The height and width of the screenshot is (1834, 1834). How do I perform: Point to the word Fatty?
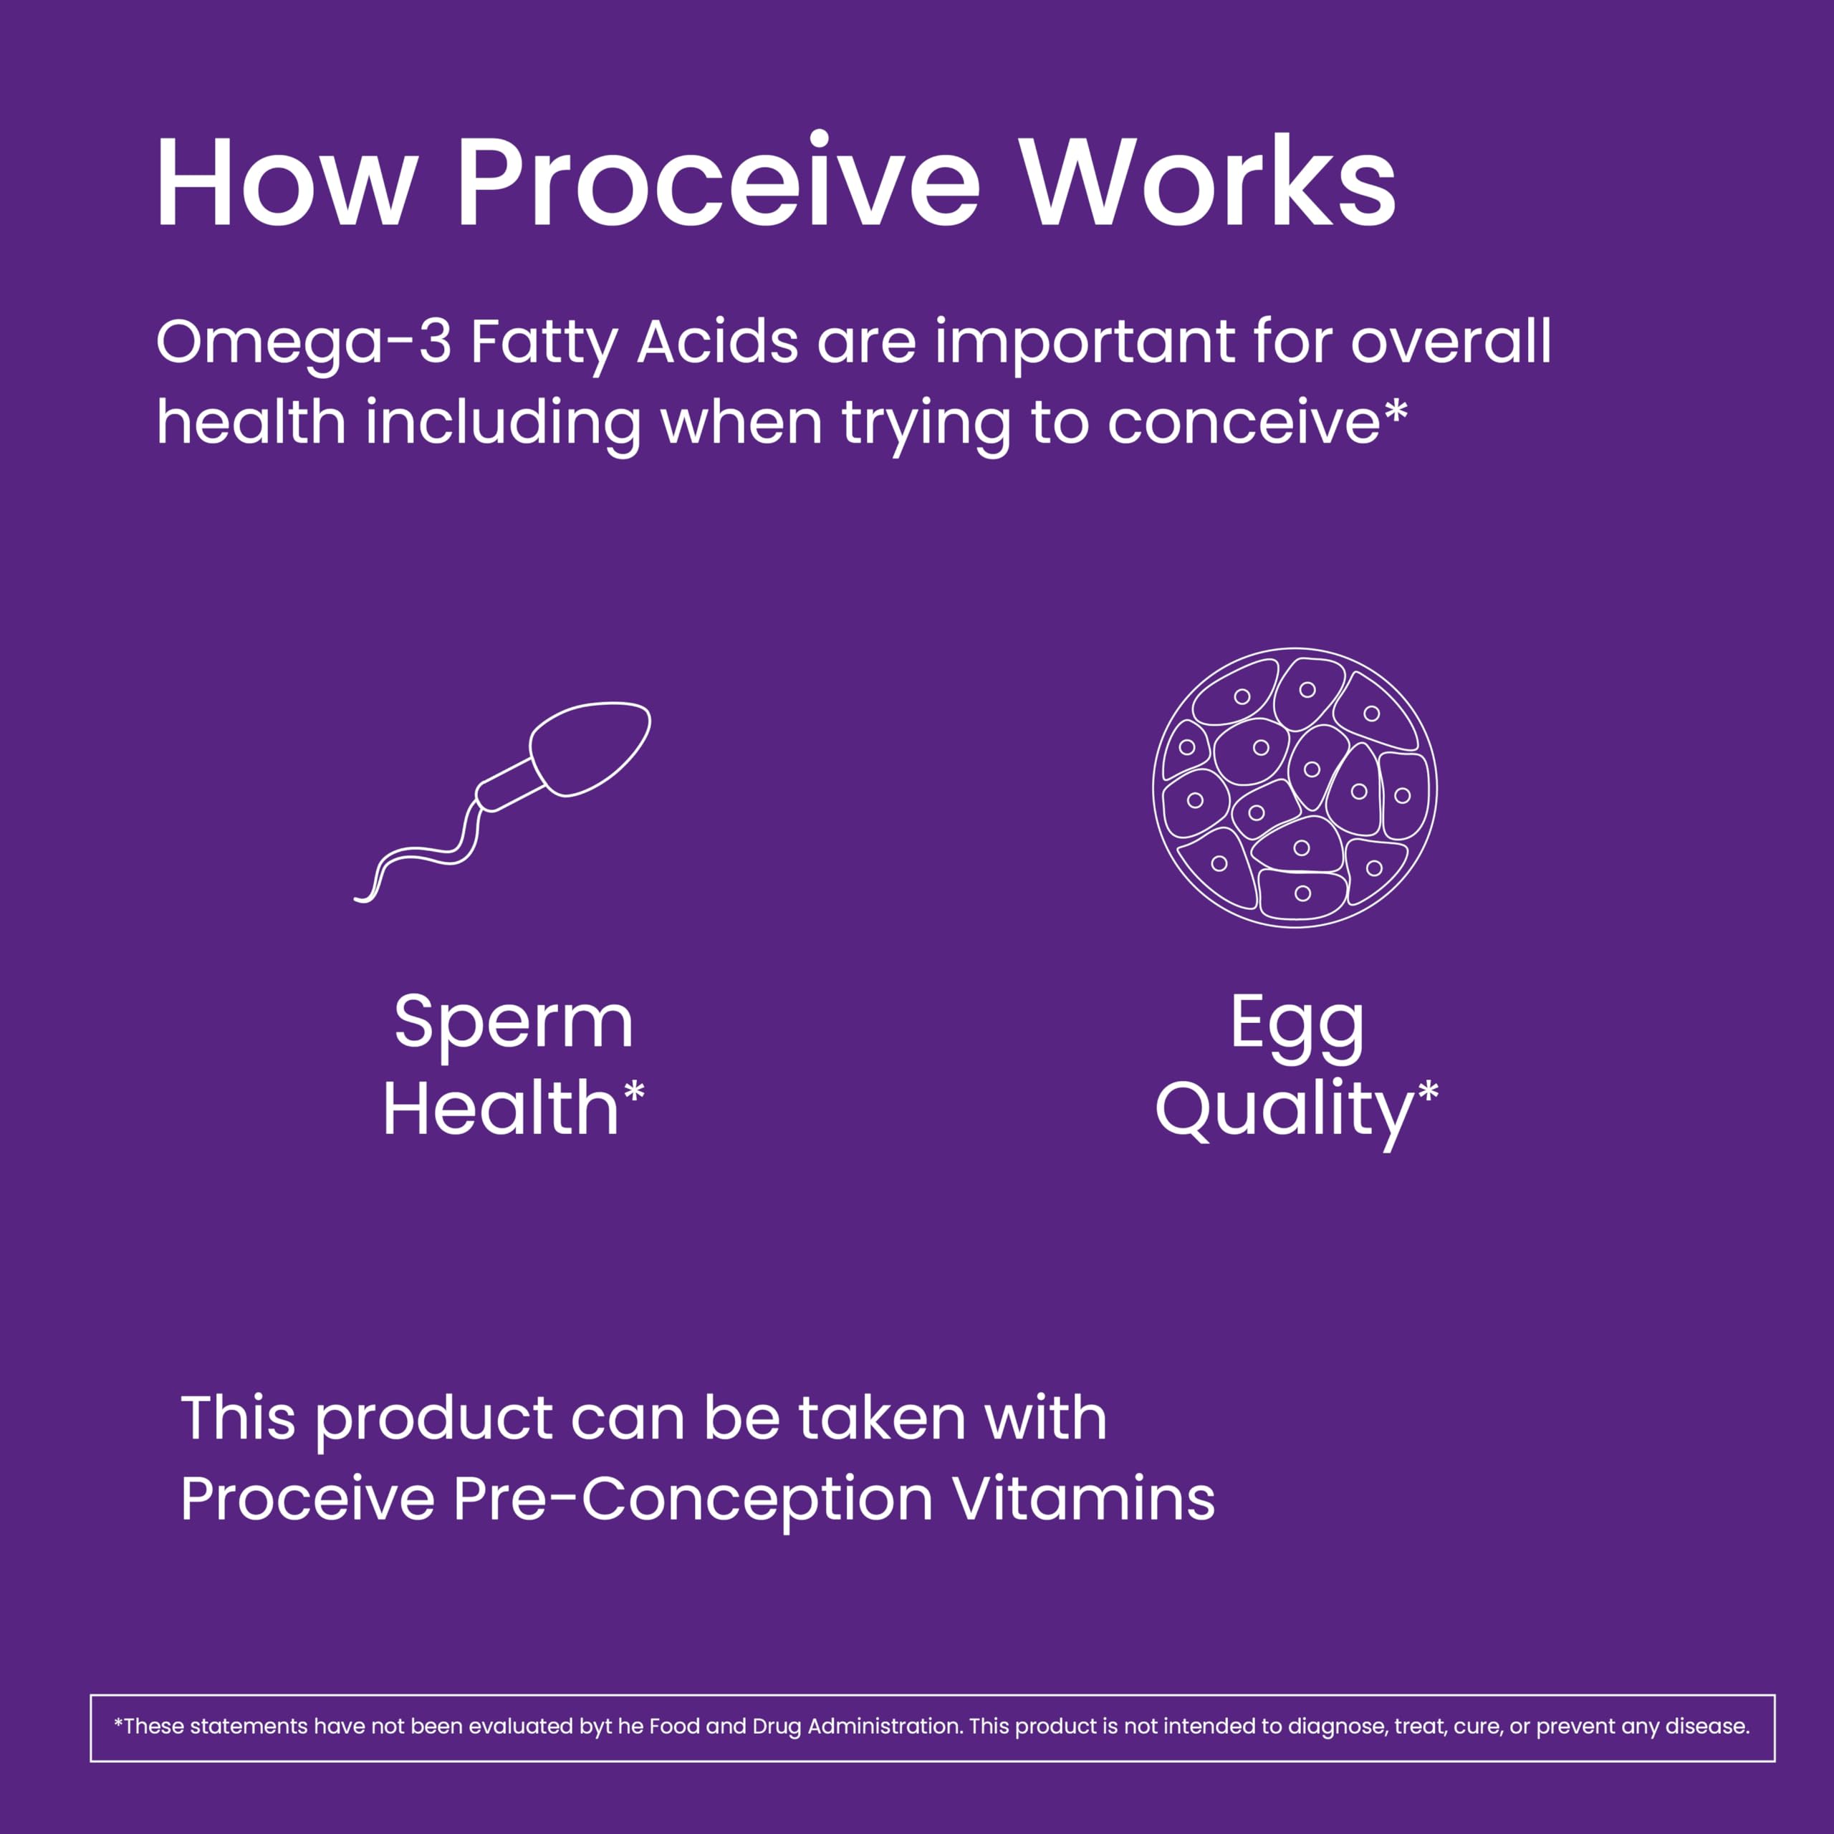[543, 344]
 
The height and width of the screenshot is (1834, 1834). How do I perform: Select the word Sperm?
[514, 1023]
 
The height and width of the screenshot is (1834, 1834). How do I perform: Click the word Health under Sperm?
[501, 1110]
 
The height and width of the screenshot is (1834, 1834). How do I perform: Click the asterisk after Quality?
[1428, 1095]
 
